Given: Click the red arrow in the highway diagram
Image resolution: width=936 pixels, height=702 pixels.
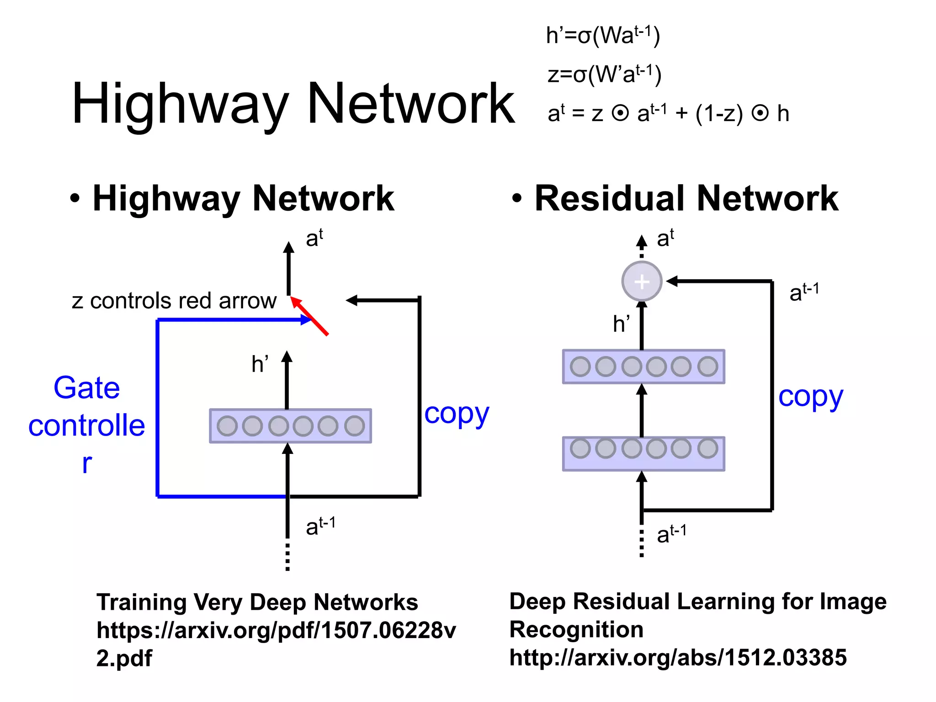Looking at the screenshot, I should pyautogui.click(x=310, y=316).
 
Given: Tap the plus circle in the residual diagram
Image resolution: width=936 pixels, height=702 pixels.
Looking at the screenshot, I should pyautogui.click(x=642, y=281).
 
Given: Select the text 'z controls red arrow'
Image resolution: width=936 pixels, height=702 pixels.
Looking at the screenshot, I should pyautogui.click(x=174, y=301).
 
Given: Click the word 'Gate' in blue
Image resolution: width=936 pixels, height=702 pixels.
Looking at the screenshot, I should pyautogui.click(x=87, y=388).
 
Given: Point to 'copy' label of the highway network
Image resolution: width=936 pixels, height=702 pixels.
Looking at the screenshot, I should pyautogui.click(x=456, y=414).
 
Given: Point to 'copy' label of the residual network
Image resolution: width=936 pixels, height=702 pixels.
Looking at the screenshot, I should pyautogui.click(x=810, y=397).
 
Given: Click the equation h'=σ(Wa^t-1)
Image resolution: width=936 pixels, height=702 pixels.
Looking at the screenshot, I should pyautogui.click(x=603, y=36).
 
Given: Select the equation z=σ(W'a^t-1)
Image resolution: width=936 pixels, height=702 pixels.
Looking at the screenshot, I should pyautogui.click(x=604, y=74).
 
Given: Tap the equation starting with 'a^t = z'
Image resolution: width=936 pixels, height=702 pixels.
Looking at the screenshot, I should pyautogui.click(x=668, y=113).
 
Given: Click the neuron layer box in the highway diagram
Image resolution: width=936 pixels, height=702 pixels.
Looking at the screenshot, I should pyautogui.click(x=291, y=426).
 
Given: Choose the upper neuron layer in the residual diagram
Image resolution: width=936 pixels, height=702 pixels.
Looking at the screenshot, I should pyautogui.click(x=643, y=367).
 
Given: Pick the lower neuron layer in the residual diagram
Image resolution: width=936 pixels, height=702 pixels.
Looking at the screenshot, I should pyautogui.click(x=643, y=453).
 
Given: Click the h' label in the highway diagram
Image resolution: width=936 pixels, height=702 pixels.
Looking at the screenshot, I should pyautogui.click(x=260, y=364).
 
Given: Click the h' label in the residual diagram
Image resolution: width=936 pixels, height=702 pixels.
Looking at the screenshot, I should pyautogui.click(x=621, y=324).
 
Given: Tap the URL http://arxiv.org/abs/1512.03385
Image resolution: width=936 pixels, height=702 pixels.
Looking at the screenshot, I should pyautogui.click(x=678, y=658).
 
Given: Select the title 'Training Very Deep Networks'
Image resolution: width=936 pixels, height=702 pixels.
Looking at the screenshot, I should pyautogui.click(x=257, y=602).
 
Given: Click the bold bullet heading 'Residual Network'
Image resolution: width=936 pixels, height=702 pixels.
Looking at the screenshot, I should pyautogui.click(x=686, y=198).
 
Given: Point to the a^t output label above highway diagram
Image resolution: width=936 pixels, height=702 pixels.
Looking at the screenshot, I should pyautogui.click(x=314, y=238).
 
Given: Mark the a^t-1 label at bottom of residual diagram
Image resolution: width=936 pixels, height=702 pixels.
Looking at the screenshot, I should pyautogui.click(x=671, y=533).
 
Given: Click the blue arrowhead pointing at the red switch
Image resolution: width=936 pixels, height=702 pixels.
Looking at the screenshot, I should pyautogui.click(x=306, y=320).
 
